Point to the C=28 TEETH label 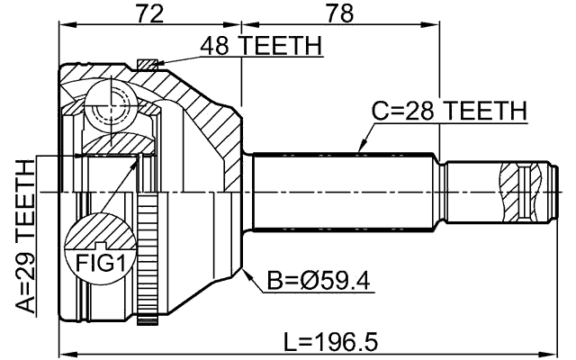449,111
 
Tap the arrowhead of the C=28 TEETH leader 361,148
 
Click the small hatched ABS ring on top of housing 147,63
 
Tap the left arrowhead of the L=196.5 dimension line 63,352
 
